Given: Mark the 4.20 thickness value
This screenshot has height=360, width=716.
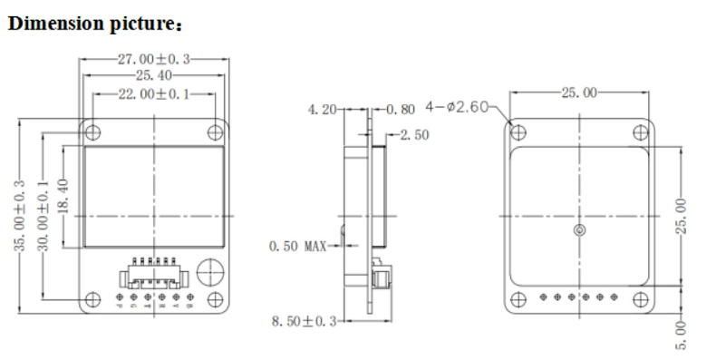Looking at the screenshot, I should pyautogui.click(x=322, y=110).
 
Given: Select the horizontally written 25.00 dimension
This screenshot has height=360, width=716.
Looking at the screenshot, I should pyautogui.click(x=579, y=92).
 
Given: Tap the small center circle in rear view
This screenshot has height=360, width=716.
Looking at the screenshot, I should pyautogui.click(x=580, y=231).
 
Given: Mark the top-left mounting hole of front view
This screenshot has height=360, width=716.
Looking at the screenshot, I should pyautogui.click(x=92, y=132).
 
